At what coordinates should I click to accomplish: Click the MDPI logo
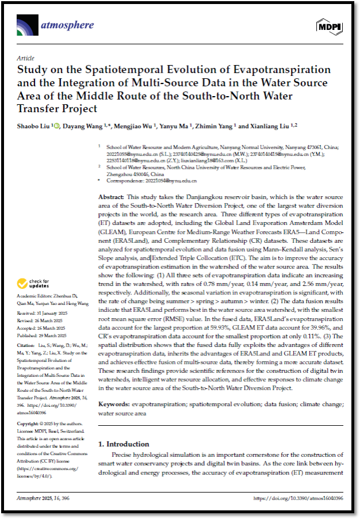[329, 26]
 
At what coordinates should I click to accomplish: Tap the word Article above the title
[25, 58]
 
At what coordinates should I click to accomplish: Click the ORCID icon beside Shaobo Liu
[56, 125]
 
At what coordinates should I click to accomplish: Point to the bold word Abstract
[111, 197]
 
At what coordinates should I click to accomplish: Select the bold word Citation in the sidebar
[26, 345]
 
